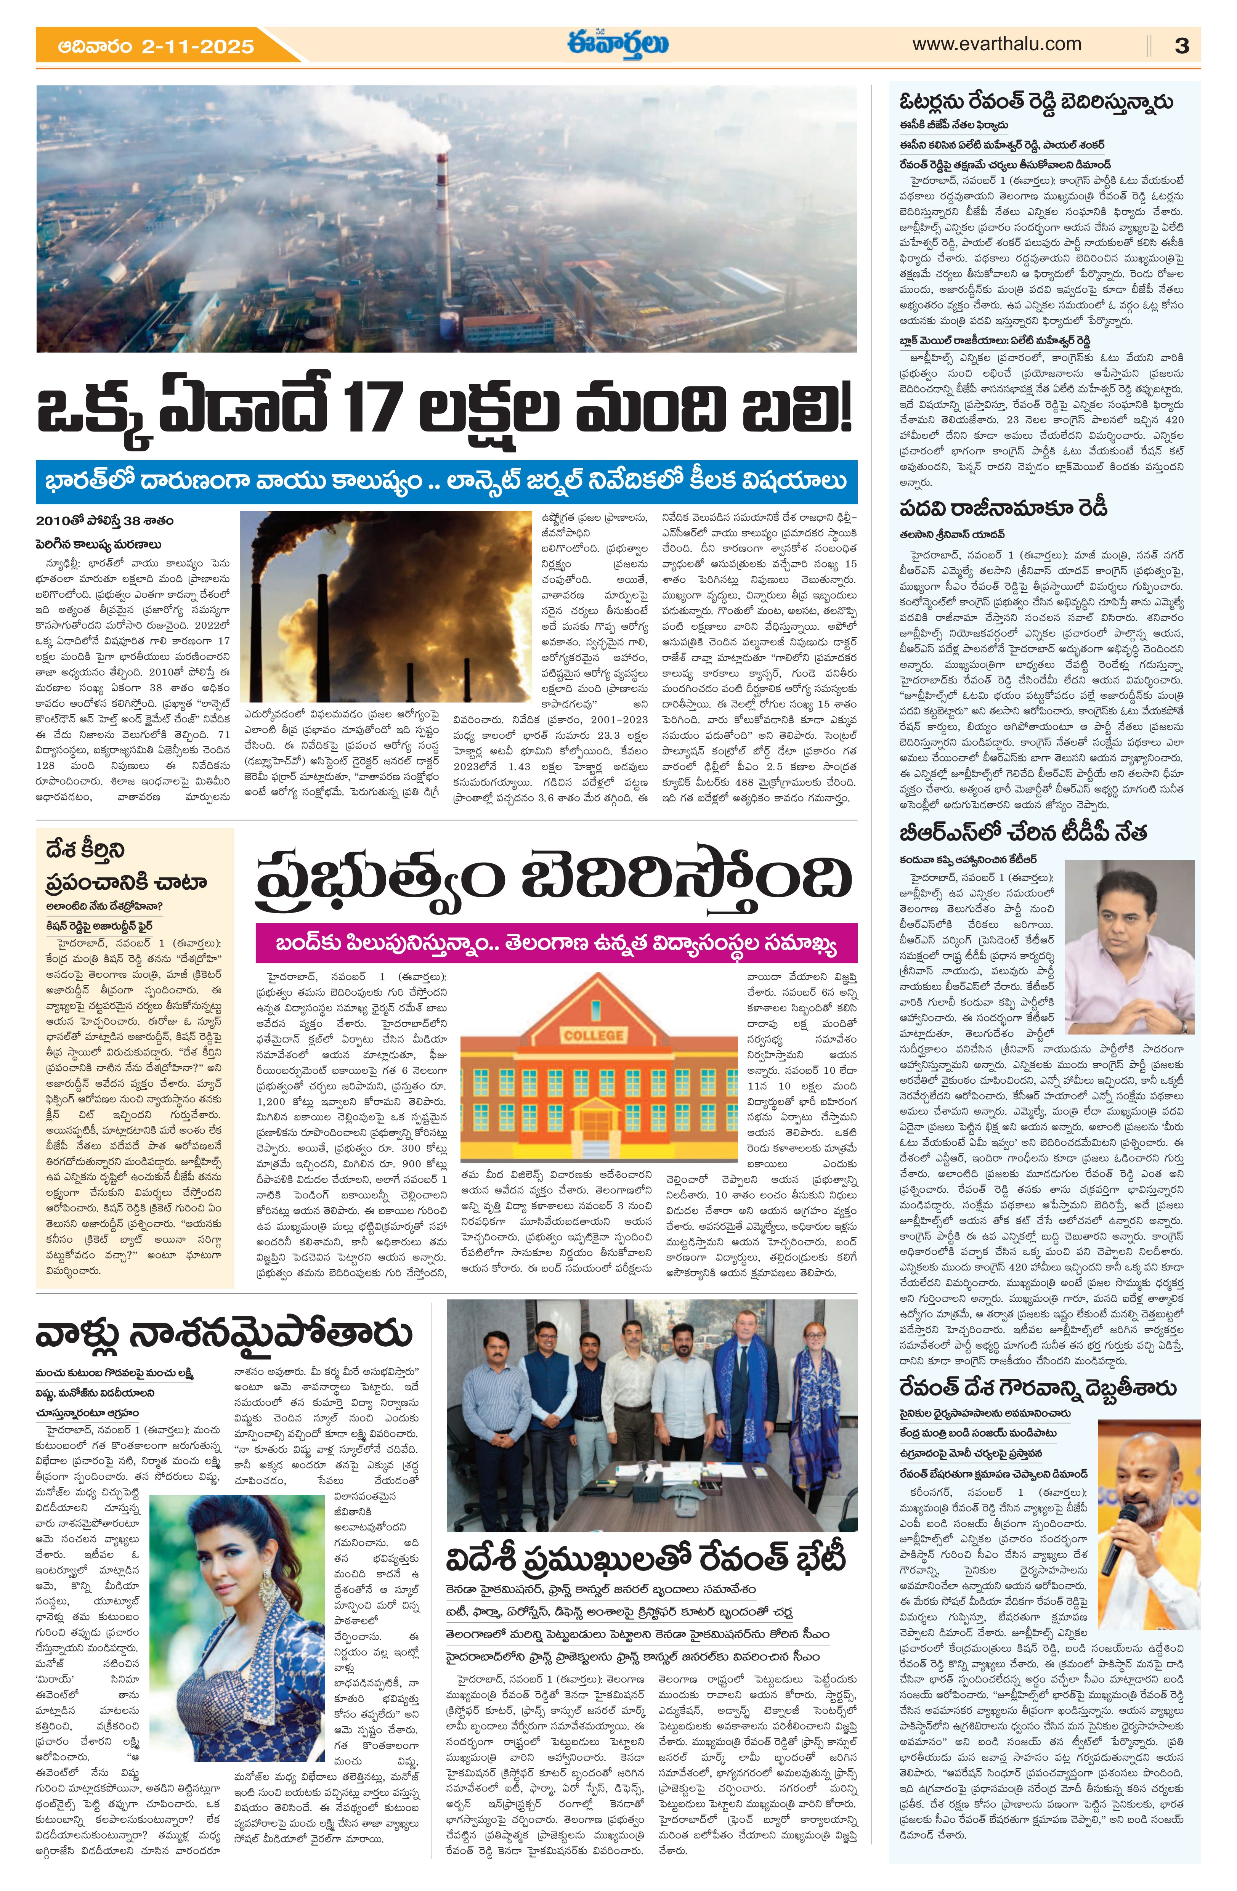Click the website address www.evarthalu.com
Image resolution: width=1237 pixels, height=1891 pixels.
(x=996, y=44)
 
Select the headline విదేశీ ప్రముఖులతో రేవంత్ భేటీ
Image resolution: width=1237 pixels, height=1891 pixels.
(x=646, y=1559)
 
